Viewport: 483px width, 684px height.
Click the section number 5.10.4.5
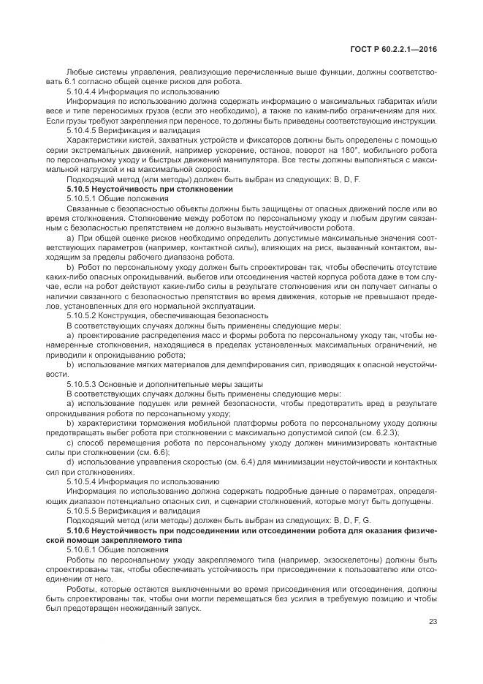(x=83, y=128)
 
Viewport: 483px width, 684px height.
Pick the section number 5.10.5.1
(x=83, y=198)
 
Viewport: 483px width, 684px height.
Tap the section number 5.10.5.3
(x=83, y=383)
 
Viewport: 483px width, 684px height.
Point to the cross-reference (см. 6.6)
(x=156, y=452)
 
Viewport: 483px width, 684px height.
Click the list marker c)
(x=70, y=443)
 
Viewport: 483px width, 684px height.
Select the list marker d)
(x=70, y=462)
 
